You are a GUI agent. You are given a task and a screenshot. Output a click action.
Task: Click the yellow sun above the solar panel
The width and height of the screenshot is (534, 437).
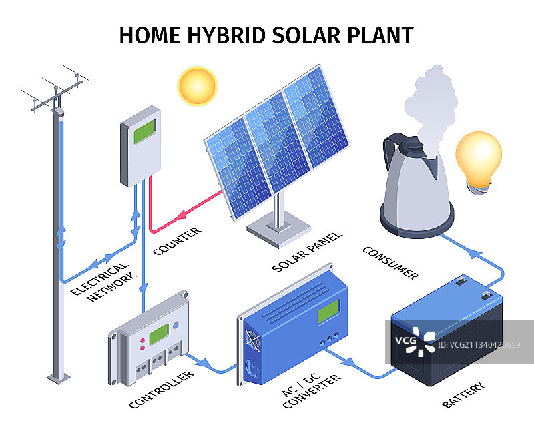[197, 86]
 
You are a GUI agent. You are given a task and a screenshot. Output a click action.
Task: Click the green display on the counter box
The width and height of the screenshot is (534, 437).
[145, 131]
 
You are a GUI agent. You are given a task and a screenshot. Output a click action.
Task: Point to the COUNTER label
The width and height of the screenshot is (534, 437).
[177, 241]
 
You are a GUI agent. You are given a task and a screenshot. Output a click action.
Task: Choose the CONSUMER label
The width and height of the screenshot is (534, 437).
[390, 262]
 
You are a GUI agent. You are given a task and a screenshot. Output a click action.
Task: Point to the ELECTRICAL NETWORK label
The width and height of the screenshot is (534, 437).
[103, 281]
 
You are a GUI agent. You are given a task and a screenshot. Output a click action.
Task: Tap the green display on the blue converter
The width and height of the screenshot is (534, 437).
[328, 311]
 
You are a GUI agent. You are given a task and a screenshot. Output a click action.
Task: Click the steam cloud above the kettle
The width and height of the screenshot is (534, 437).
[431, 100]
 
